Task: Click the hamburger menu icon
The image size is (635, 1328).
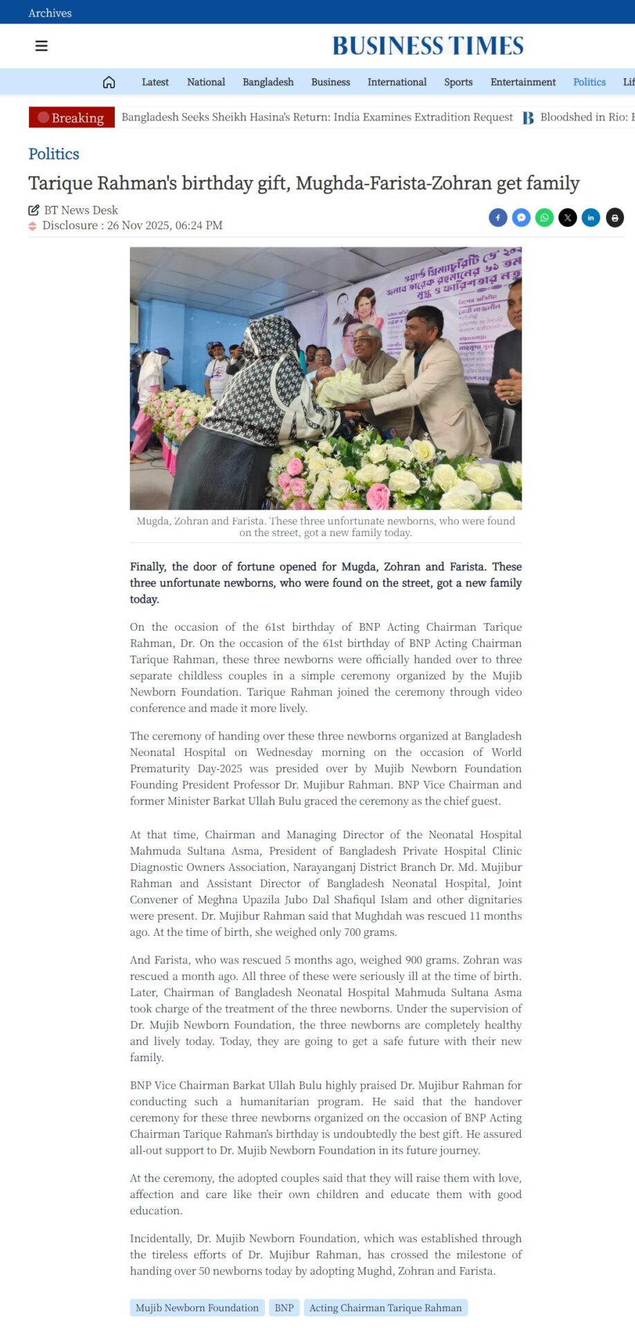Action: (42, 46)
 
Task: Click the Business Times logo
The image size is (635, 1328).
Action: (427, 46)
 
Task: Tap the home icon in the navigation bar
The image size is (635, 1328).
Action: (109, 82)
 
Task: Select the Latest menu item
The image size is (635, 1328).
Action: (155, 82)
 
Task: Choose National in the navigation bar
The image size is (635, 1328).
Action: (206, 82)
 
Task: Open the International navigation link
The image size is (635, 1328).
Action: (397, 82)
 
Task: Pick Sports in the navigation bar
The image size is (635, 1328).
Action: (459, 82)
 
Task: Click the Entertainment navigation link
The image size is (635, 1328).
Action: (523, 82)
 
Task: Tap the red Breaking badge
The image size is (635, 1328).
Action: (71, 118)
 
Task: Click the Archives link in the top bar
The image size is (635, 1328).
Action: (50, 13)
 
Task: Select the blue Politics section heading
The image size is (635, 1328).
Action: (54, 154)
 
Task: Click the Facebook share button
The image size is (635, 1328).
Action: (498, 218)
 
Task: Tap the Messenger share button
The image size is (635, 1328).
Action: (522, 218)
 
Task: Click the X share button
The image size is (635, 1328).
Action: (568, 218)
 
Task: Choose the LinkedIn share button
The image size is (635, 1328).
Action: (591, 218)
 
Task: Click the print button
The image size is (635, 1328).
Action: (615, 218)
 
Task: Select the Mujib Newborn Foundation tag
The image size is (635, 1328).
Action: (197, 1307)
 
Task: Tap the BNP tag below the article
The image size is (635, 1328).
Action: (284, 1307)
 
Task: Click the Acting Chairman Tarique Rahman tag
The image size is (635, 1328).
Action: (385, 1307)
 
